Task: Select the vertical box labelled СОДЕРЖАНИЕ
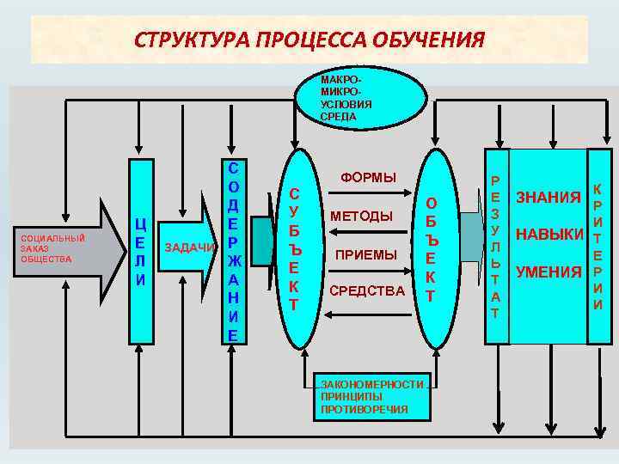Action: [x=233, y=250]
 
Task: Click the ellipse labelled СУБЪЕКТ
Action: [x=294, y=249]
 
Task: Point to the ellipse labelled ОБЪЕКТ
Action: [x=431, y=249]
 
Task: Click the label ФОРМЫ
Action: [x=368, y=178]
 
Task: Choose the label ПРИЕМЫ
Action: [x=366, y=255]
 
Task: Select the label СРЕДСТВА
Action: [x=366, y=291]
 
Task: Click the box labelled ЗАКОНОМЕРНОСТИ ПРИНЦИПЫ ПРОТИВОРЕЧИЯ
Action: [x=371, y=397]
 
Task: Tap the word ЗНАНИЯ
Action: [x=548, y=198]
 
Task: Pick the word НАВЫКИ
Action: [x=548, y=235]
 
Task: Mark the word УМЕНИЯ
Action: [x=548, y=272]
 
